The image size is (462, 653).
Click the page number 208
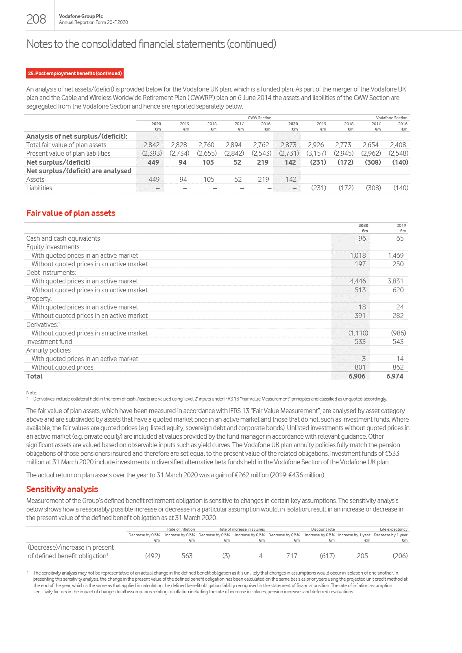tap(36, 19)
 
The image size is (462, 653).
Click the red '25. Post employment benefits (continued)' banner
tap(75, 74)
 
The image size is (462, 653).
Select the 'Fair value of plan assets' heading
tap(71, 213)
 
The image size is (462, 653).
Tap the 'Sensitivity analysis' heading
tap(62, 489)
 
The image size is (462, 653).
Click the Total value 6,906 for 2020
tap(357, 376)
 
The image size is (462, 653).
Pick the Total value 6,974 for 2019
tap(394, 376)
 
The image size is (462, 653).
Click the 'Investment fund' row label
tap(49, 342)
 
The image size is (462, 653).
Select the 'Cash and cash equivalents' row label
tap(63, 238)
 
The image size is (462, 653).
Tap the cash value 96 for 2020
tap(362, 238)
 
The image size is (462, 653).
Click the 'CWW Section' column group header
tap(259, 118)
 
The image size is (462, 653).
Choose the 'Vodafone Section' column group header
tap(391, 118)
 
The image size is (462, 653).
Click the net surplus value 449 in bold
tap(153, 162)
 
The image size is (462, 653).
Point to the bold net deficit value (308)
tap(373, 162)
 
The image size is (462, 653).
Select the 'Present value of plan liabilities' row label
tap(68, 153)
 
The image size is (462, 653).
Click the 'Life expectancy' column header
tap(393, 529)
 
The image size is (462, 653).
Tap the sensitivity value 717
tap(292, 556)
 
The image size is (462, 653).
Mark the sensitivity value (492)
tap(153, 556)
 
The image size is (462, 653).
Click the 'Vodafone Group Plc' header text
tap(81, 16)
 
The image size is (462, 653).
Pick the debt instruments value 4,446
tap(358, 281)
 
